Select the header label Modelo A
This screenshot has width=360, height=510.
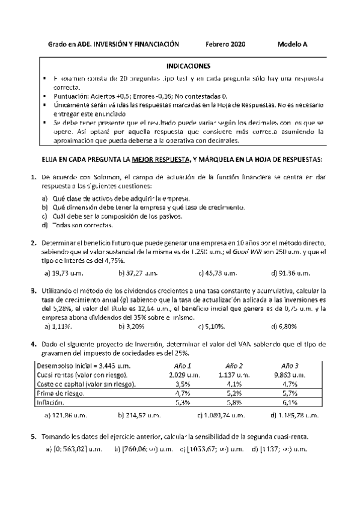[293, 45]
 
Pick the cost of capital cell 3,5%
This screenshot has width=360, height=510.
[182, 384]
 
